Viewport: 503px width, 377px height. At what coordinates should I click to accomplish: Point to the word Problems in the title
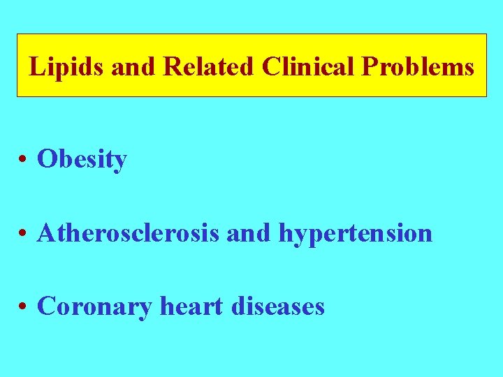pyautogui.click(x=418, y=67)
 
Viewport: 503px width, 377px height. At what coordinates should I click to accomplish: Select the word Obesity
pyautogui.click(x=82, y=160)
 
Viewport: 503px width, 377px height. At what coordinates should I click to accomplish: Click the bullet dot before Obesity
pyautogui.click(x=24, y=160)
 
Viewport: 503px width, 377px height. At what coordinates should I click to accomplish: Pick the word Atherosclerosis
pyautogui.click(x=129, y=232)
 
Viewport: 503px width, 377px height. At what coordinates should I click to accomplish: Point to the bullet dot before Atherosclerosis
pyautogui.click(x=24, y=233)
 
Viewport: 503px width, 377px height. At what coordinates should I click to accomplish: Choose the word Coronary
pyautogui.click(x=94, y=306)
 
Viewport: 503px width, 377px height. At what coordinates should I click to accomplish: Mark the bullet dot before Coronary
pyautogui.click(x=24, y=306)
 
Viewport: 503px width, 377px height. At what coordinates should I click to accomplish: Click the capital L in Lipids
pyautogui.click(x=36, y=67)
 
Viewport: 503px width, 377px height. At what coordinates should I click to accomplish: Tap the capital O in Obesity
pyautogui.click(x=47, y=160)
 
